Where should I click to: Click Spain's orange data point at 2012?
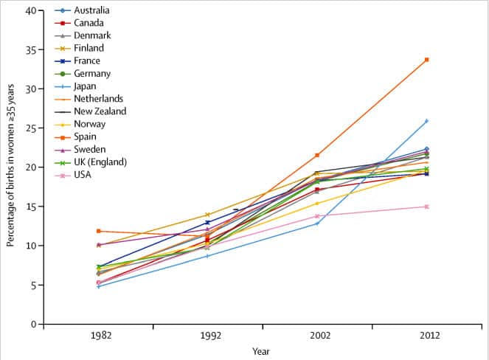point(426,60)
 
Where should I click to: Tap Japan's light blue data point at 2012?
point(426,121)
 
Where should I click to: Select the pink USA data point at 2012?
point(426,207)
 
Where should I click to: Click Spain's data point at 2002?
point(317,155)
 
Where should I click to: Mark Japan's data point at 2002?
point(317,223)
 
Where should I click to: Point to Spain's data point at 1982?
point(99,231)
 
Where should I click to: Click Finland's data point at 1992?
point(208,215)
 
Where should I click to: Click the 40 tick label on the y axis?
point(30,11)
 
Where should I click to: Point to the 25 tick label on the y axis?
point(30,128)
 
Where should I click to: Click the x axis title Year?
point(261,351)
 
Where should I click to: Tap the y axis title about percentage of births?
point(11,167)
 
